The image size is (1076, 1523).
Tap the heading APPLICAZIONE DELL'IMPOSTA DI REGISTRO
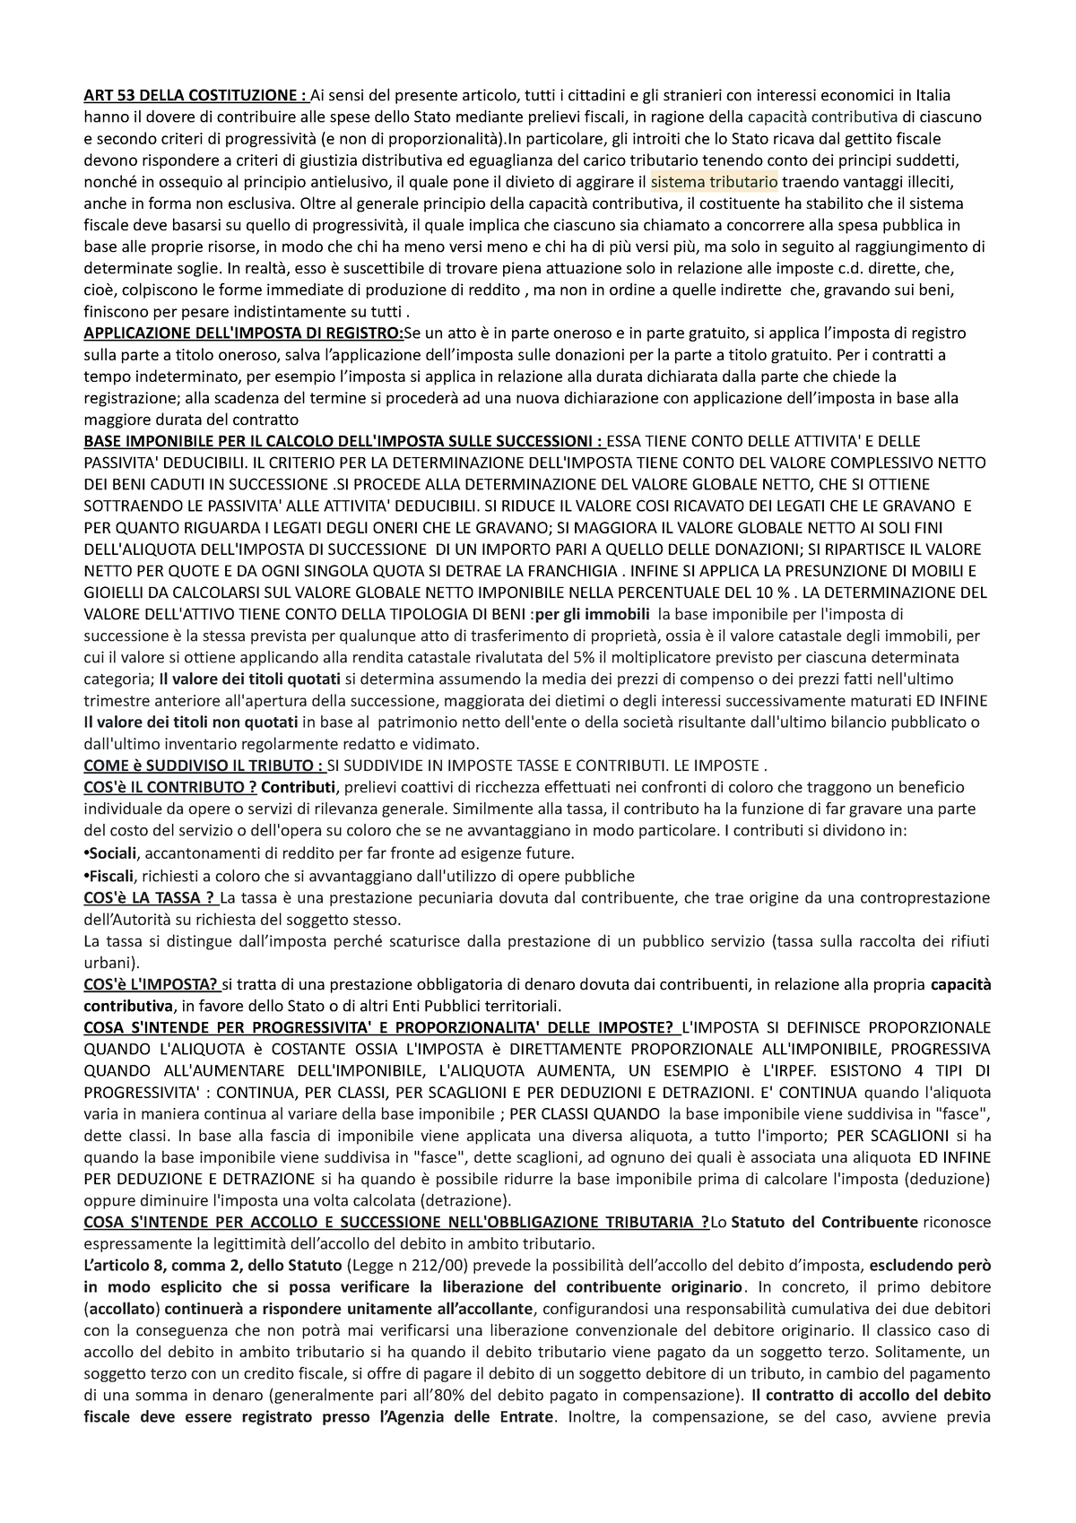243,333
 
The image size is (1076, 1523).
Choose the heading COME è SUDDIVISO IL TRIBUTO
204,766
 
